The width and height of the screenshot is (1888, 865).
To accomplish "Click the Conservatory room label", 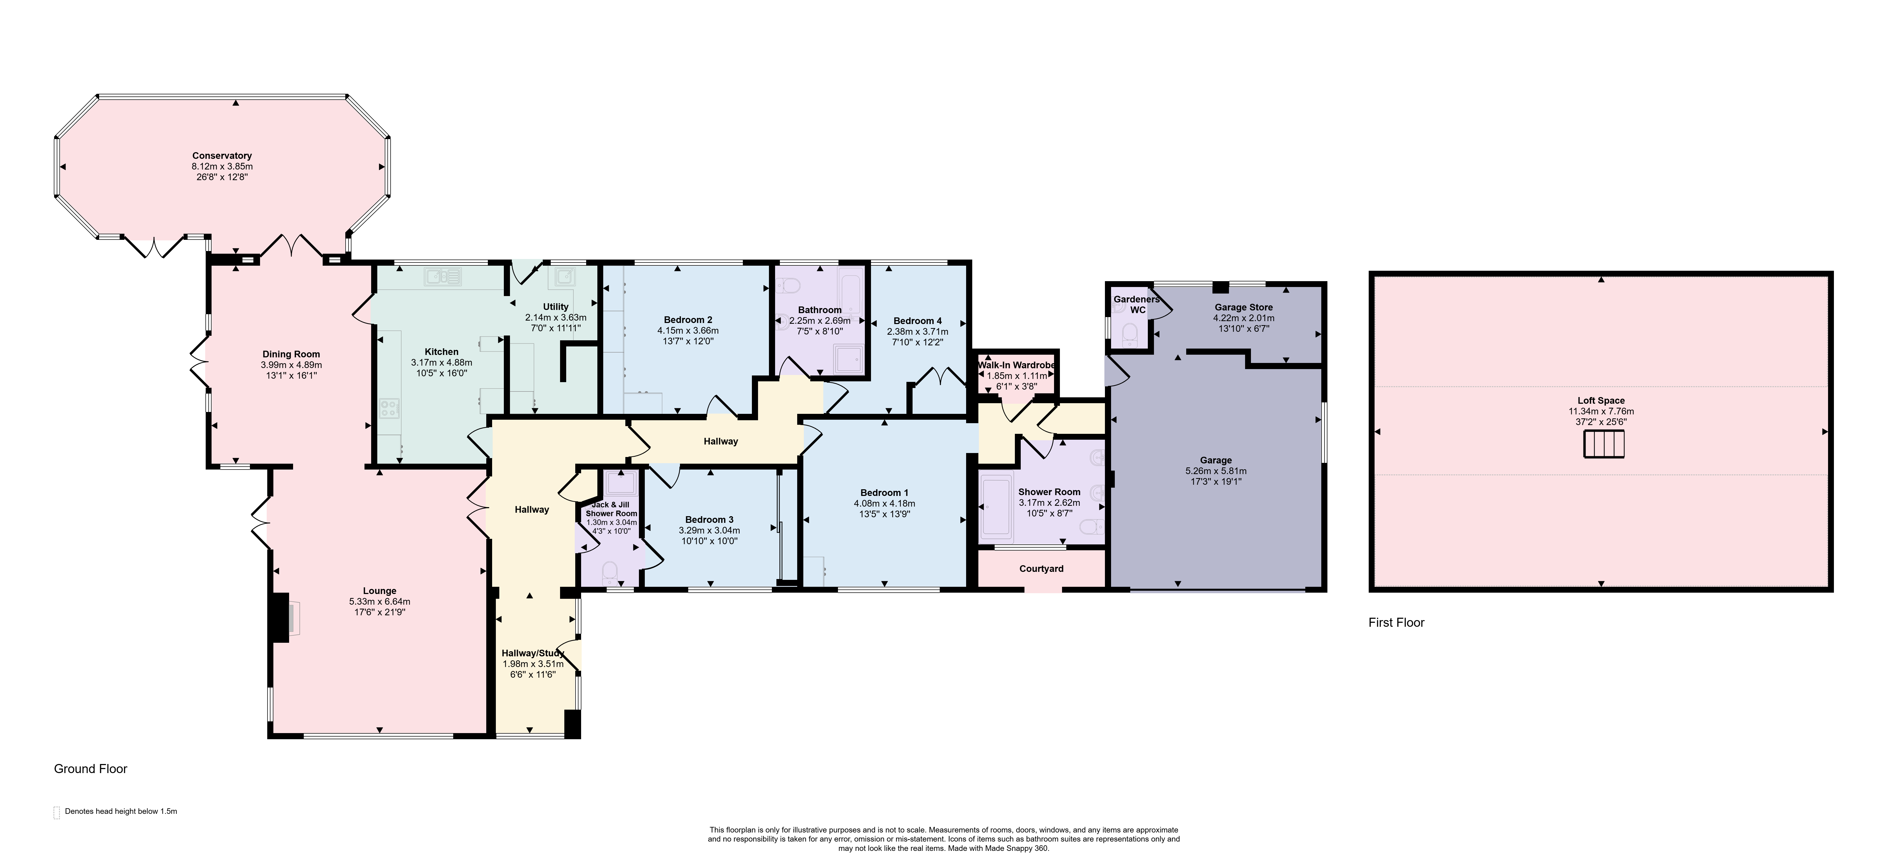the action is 222,155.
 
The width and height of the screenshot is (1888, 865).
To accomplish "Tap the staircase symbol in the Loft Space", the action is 1604,444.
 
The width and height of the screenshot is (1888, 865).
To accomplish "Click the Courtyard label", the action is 1042,569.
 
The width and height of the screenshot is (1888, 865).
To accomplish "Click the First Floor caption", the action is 1396,622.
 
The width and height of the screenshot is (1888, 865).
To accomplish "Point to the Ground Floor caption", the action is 91,769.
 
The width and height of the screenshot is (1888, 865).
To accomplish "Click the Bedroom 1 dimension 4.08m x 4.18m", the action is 885,504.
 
